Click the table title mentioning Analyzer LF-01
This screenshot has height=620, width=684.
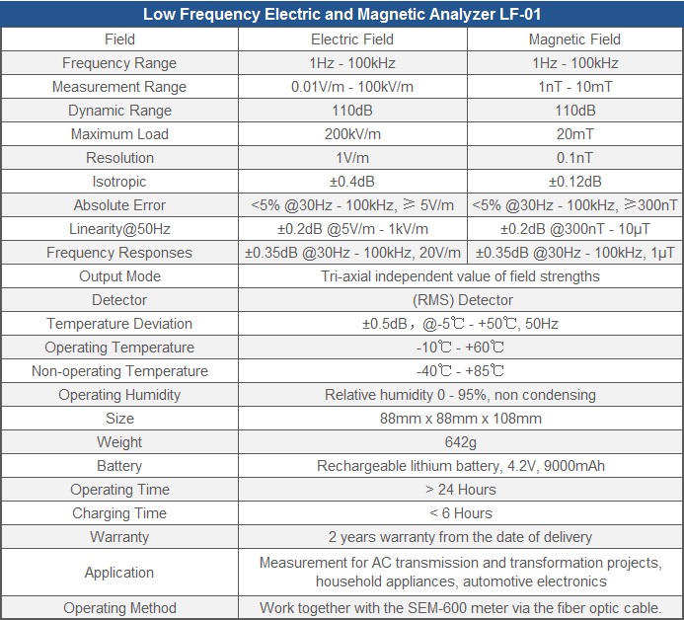[342, 15]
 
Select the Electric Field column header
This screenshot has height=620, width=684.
[352, 39]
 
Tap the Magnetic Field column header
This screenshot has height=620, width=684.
[574, 39]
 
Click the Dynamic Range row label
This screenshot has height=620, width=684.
[119, 111]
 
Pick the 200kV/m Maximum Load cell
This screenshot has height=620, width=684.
[352, 134]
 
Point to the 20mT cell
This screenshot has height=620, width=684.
[574, 134]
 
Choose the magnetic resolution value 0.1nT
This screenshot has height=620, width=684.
[574, 158]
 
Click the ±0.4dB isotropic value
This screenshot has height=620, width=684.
[352, 182]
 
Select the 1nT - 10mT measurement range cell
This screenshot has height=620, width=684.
[575, 87]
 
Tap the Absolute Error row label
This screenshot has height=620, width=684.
[119, 205]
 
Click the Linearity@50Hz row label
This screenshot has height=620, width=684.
[119, 229]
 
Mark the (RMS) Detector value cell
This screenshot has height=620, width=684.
[462, 300]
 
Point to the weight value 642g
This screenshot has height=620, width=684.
[460, 442]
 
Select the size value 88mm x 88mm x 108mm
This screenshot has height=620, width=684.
[460, 419]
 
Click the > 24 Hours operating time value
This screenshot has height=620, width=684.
[461, 490]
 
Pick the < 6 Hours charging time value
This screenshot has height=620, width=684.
[461, 513]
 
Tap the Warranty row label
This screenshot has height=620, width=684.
[119, 537]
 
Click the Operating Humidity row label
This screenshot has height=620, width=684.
[119, 395]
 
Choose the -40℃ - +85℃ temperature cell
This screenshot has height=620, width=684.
[460, 371]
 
